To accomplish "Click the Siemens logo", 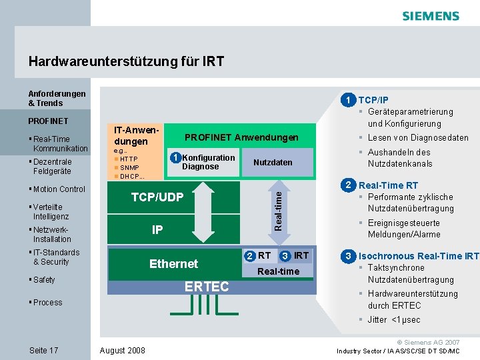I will [431, 16].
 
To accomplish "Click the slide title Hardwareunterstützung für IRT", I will [126, 62].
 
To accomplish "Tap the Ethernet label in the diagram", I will [173, 264].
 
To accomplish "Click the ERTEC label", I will [207, 287].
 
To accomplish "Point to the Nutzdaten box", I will [273, 163].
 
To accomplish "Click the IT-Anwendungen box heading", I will [136, 136].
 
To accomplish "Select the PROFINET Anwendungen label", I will [241, 137].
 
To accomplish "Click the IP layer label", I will [157, 230].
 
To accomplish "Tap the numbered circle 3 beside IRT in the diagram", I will [285, 256].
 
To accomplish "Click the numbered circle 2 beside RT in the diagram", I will [249, 256].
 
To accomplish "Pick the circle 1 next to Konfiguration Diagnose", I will [175, 158].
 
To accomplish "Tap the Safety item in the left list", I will [44, 280].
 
